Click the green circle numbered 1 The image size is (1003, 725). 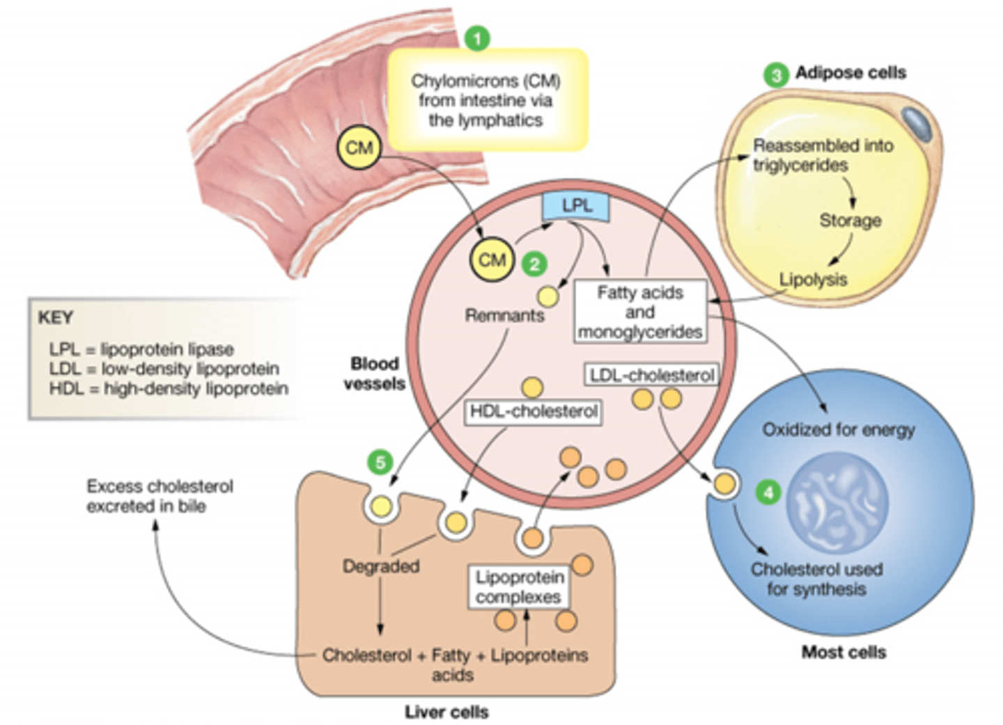tap(477, 38)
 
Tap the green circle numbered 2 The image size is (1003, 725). tap(534, 264)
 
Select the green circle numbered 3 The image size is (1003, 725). tap(776, 74)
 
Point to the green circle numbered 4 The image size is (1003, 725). tap(768, 493)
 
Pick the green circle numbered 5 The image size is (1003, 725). tap(380, 462)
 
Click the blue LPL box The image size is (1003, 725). tap(576, 206)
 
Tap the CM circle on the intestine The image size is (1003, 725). tap(359, 148)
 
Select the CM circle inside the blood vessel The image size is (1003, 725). tap(492, 260)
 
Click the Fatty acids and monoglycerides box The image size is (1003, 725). tap(639, 312)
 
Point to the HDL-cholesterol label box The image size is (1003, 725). tap(534, 411)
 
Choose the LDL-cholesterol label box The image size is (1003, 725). tap(651, 375)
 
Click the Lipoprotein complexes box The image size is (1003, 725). tap(519, 587)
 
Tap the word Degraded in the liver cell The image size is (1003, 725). tap(381, 566)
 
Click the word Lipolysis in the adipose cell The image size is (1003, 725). tap(813, 280)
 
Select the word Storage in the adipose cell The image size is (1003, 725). tap(850, 221)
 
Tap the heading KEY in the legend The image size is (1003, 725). tap(56, 318)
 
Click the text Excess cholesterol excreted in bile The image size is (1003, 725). tap(160, 496)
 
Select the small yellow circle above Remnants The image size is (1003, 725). tap(548, 297)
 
